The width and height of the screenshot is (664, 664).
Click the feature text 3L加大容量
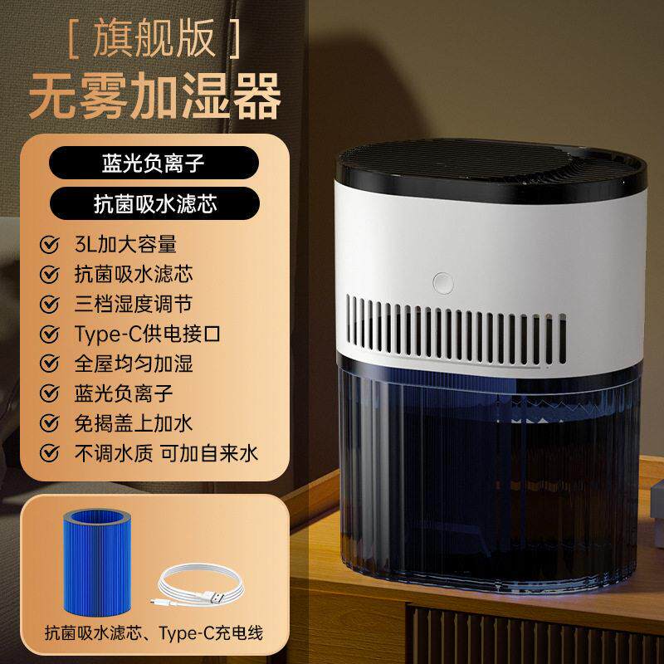(x=125, y=244)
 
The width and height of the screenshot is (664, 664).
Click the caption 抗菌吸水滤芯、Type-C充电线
(x=154, y=634)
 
